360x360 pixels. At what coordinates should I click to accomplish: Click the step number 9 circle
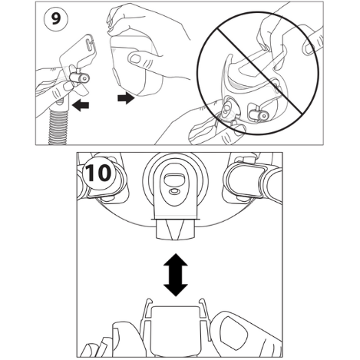pos(56,18)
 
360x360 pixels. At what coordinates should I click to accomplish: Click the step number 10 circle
pos(98,173)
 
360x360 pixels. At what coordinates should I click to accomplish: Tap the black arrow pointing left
pos(81,105)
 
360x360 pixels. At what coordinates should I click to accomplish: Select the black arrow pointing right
pos(126,98)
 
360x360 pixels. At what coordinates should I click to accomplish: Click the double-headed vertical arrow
pos(176,275)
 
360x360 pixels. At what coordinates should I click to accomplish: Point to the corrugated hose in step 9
pos(59,126)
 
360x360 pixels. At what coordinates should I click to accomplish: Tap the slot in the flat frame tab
pos(89,44)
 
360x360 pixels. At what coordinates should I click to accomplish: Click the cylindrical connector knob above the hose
pos(80,78)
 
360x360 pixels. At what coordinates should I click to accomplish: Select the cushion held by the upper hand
pos(136,64)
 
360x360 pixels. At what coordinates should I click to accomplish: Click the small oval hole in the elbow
pos(175,191)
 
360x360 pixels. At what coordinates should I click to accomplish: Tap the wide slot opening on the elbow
pos(175,179)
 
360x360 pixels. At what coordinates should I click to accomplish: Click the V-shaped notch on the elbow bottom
pos(176,229)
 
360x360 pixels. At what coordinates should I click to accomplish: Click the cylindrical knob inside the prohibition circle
pos(258,114)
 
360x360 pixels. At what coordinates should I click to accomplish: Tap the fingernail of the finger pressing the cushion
pos(134,58)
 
